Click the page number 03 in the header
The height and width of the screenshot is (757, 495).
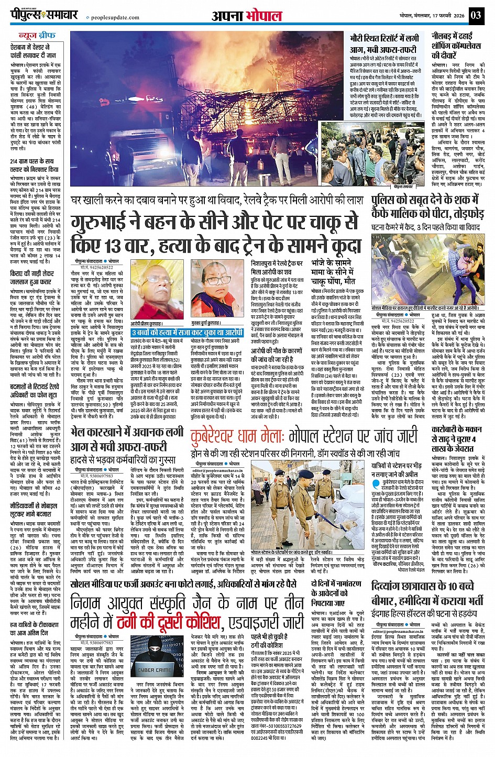[x=476, y=15]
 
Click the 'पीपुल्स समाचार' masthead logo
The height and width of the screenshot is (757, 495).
[x=45, y=15]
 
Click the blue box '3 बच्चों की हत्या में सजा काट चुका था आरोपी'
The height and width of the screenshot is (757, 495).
[x=188, y=333]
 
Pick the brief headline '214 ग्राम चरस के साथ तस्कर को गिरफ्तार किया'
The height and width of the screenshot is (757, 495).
[x=35, y=166]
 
